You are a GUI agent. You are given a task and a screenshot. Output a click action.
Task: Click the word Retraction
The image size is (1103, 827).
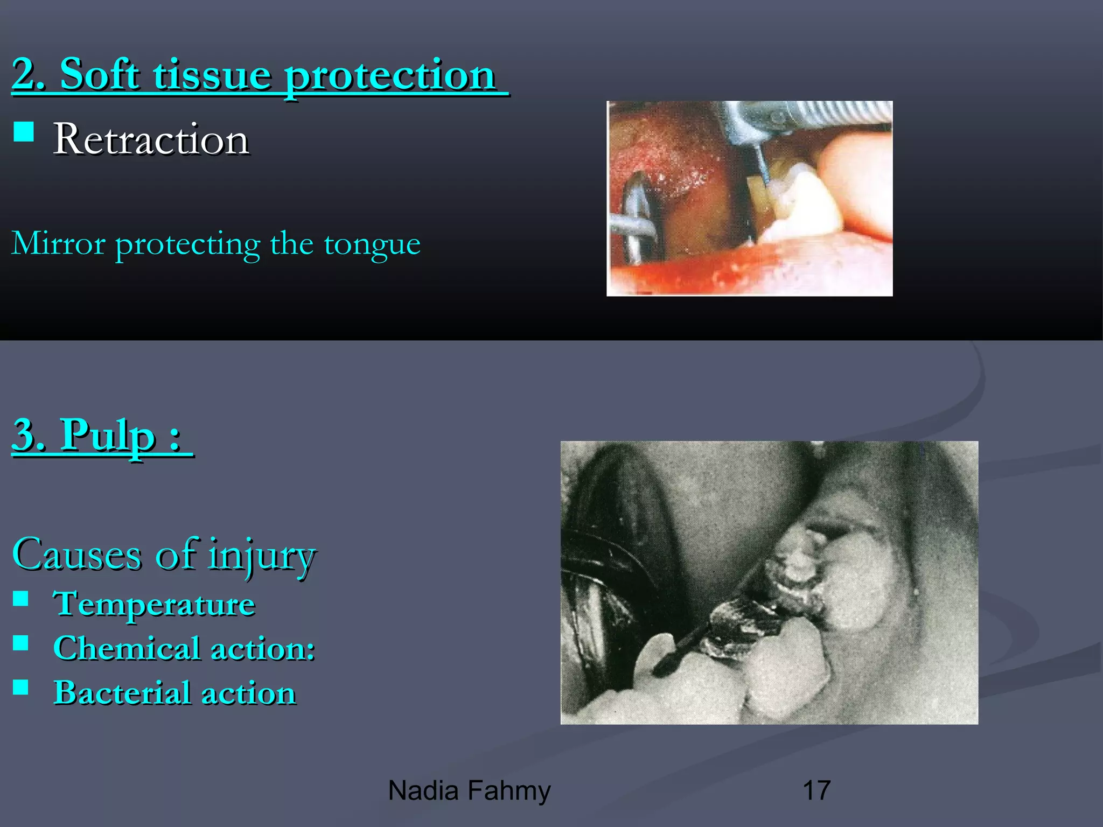click(x=151, y=139)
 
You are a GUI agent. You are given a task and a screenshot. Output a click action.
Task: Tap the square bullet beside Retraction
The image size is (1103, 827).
click(x=24, y=131)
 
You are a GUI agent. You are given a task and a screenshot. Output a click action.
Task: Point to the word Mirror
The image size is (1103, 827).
click(x=58, y=243)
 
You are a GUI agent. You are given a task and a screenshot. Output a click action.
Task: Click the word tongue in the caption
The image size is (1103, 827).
click(x=372, y=244)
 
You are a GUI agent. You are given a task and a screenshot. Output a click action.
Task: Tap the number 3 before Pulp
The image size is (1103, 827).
click(x=27, y=435)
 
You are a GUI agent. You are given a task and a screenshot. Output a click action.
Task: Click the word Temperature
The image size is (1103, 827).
click(x=154, y=604)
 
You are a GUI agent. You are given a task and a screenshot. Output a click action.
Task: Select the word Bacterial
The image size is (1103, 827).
click(x=122, y=692)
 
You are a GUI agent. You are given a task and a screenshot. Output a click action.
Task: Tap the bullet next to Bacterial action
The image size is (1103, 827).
click(x=21, y=687)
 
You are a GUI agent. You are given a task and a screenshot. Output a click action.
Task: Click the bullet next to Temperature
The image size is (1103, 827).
click(x=21, y=599)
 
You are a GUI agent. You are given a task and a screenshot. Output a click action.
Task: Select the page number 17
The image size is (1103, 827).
click(x=816, y=791)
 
